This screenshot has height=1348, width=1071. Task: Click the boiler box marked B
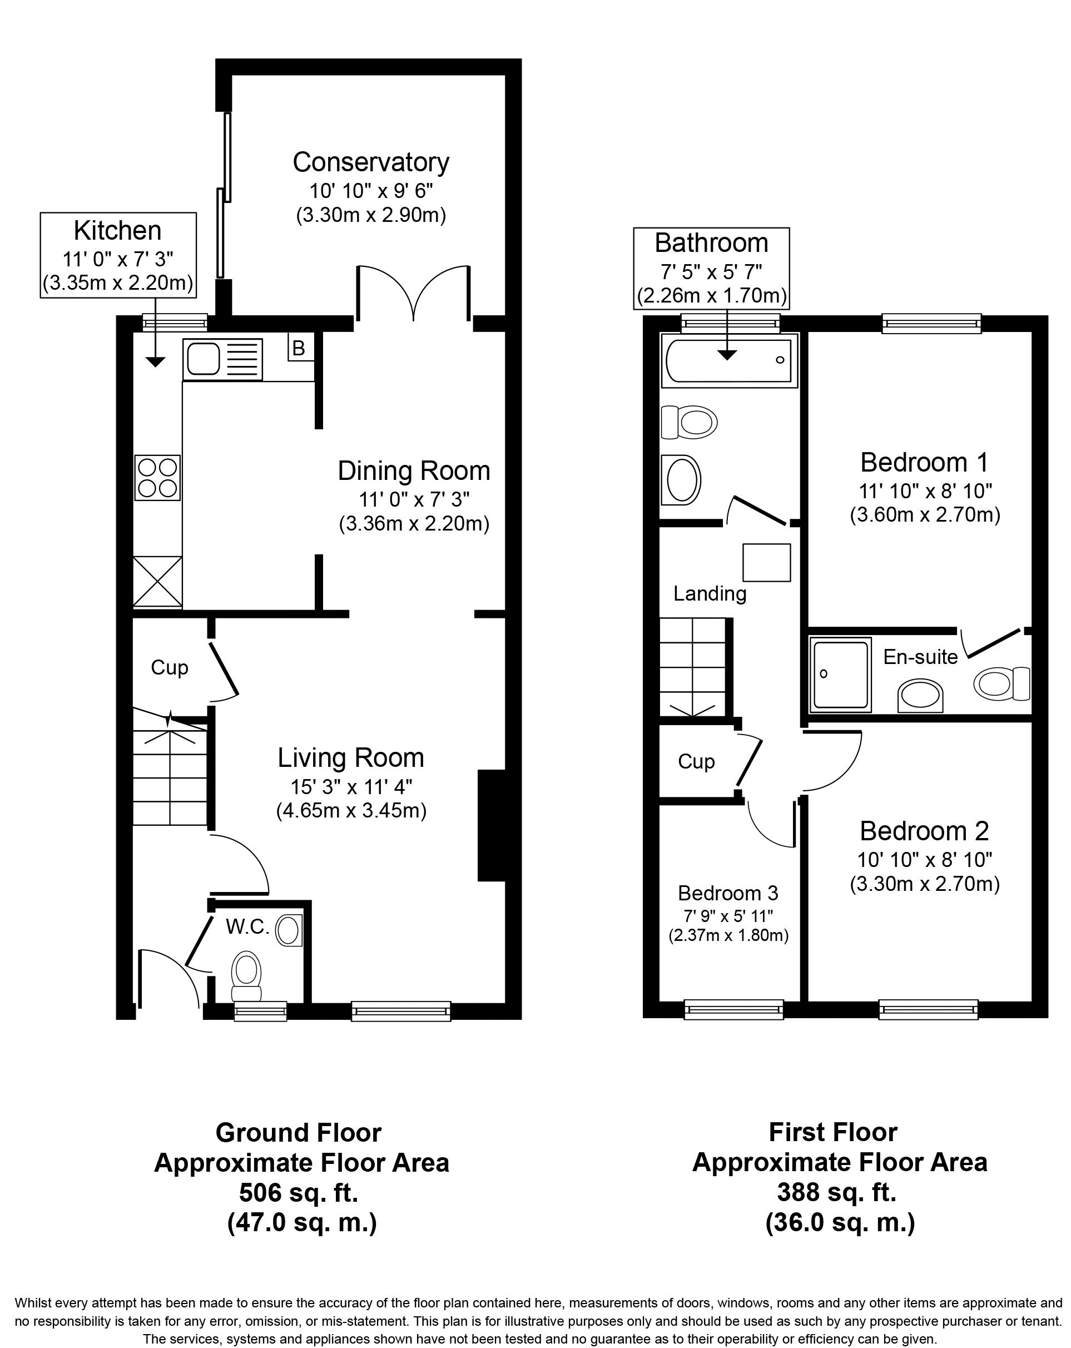298,348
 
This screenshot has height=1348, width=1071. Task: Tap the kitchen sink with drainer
222,359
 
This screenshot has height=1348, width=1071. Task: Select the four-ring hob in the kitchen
157,477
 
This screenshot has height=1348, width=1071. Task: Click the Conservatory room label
371,162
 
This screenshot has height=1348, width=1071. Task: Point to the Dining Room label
413,471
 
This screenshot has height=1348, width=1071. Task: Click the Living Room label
351,758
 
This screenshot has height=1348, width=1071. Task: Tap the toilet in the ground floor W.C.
246,977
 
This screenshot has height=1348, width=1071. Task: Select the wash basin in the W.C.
289,930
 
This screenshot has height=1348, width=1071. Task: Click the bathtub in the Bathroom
729,360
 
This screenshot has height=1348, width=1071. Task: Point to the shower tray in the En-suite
840,674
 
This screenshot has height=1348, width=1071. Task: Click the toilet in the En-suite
1001,683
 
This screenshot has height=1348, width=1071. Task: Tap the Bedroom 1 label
924,463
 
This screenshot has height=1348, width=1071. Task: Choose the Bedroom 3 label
728,893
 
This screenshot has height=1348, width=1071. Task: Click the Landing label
710,593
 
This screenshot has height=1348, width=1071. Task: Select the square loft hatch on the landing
766,563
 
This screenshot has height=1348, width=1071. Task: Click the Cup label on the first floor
696,761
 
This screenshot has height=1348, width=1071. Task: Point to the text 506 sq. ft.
299,1193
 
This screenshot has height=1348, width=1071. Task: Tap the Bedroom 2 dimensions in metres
925,884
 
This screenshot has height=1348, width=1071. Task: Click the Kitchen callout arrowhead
155,361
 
